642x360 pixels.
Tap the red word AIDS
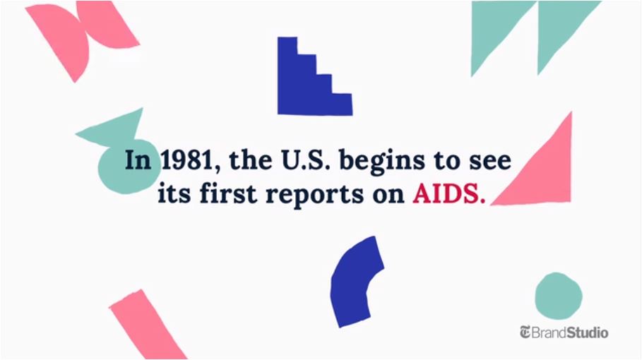click(448, 193)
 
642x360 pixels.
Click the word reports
click(314, 195)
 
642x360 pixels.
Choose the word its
click(174, 193)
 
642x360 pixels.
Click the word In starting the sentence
click(138, 160)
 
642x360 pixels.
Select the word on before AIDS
click(388, 196)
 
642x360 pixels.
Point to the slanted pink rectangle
click(147, 325)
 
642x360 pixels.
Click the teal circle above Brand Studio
click(559, 296)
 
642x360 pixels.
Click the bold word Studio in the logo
click(587, 332)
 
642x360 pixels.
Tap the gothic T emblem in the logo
click(525, 332)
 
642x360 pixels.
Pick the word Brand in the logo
click(549, 332)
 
